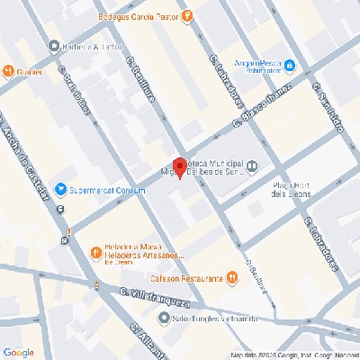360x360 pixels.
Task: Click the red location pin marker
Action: point(179,167)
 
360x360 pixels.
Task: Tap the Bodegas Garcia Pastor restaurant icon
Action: point(187,14)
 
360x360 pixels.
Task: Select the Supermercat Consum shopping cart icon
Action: point(61,189)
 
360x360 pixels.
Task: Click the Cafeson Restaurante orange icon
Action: point(232,278)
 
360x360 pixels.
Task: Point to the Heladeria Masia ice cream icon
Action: point(94,252)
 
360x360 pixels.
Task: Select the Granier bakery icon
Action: point(8,71)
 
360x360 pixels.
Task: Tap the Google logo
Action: point(18,351)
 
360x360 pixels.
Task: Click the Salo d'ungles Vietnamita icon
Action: point(163,318)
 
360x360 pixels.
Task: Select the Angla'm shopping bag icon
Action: point(302,65)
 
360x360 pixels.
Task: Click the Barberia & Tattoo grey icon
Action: point(55,46)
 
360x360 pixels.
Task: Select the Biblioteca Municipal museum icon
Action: point(252,165)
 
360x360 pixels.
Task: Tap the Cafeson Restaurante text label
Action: point(186,278)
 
